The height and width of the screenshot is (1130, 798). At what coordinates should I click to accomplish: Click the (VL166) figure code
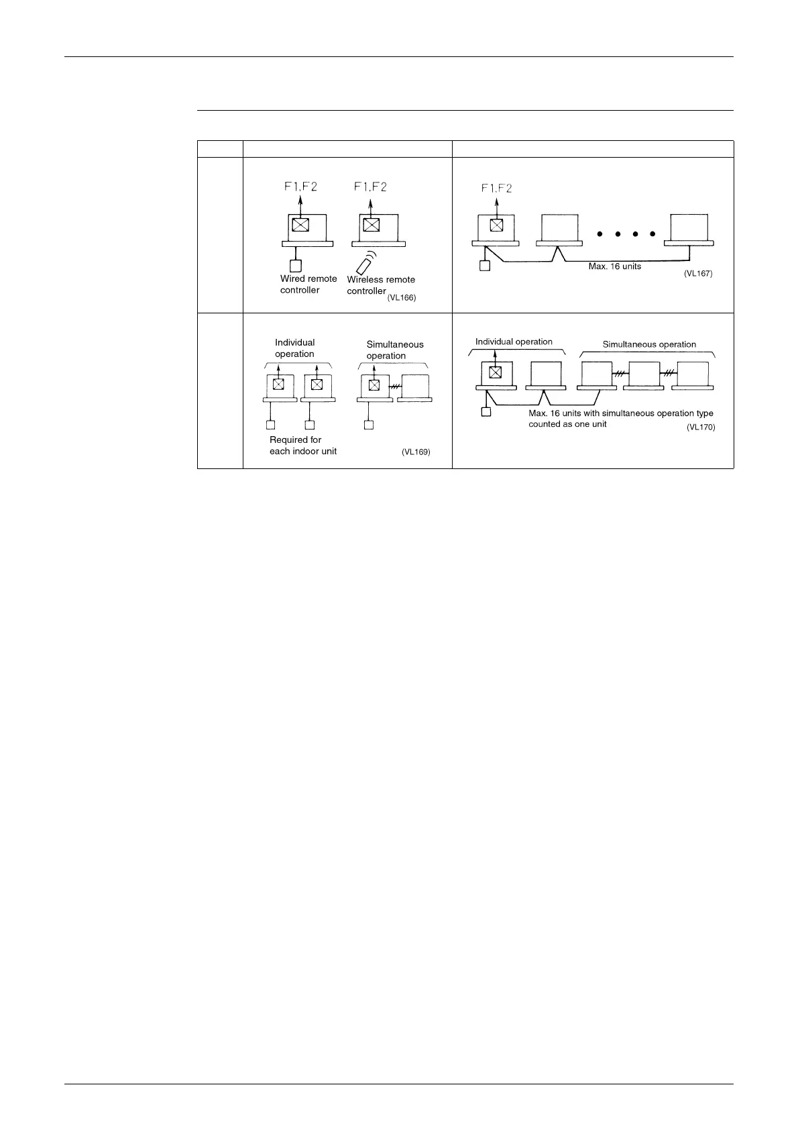click(x=402, y=298)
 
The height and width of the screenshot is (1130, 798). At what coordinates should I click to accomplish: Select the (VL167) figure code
click(x=698, y=274)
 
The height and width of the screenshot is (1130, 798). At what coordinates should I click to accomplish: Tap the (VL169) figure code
click(x=416, y=452)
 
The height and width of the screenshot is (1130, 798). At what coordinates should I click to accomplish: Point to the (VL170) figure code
click(x=701, y=427)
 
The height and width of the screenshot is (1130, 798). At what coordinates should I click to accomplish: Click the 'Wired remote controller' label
click(x=308, y=285)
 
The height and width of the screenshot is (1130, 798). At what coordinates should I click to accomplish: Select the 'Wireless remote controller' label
click(x=380, y=285)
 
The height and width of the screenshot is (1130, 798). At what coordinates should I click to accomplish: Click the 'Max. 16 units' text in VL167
click(x=614, y=266)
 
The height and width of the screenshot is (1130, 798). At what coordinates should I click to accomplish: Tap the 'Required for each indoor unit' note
click(x=303, y=446)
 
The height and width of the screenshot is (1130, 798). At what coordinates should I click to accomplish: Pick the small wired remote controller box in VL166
click(x=295, y=266)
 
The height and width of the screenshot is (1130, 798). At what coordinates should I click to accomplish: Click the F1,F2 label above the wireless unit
click(x=370, y=187)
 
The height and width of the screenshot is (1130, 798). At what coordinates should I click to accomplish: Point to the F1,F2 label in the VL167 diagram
click(x=496, y=189)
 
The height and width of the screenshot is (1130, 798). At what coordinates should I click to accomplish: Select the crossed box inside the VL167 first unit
click(x=496, y=225)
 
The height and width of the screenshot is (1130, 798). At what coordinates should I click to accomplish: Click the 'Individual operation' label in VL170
click(x=514, y=342)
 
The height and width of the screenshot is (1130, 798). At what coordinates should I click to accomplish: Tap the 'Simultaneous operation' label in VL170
click(x=649, y=344)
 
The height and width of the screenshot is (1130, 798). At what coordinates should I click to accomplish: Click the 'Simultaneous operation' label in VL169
click(x=395, y=350)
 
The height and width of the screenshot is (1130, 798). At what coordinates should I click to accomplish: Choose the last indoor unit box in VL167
click(x=690, y=227)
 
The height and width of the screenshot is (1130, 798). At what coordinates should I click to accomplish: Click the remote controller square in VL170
click(x=486, y=411)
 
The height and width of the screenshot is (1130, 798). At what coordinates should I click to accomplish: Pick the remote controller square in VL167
click(x=485, y=266)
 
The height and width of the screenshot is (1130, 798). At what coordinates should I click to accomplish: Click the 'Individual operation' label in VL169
click(x=294, y=348)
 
